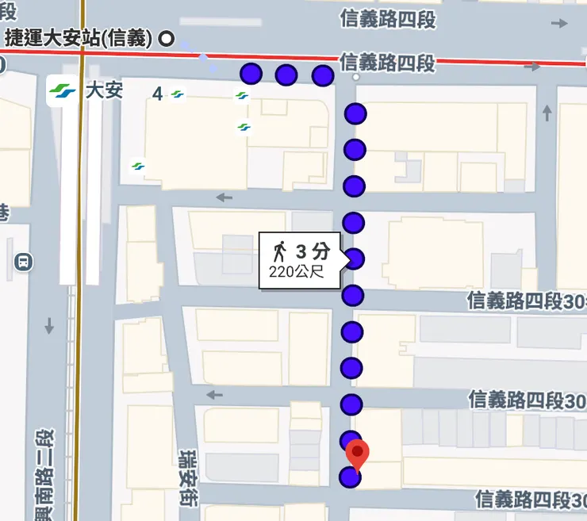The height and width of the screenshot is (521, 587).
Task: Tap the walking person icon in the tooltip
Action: (279, 252)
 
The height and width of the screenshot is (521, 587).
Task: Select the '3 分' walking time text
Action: (312, 252)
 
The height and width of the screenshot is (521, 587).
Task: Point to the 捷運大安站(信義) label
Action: (79, 36)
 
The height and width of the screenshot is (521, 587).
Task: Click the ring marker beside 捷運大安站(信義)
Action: (167, 37)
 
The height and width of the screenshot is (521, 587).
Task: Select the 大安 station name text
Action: (104, 90)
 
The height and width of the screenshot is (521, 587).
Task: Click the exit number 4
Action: (157, 94)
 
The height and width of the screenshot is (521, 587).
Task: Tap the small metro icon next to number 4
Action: (178, 94)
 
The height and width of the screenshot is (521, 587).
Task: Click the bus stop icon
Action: (23, 262)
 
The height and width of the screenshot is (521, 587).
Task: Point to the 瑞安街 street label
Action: (188, 467)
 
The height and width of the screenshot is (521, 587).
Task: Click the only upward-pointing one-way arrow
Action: (547, 113)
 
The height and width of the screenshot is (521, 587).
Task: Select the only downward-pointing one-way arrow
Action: (49, 325)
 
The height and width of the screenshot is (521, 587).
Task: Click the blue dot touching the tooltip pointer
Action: (354, 259)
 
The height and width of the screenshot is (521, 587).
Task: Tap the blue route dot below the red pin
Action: (350, 477)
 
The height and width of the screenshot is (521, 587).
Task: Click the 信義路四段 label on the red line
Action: (388, 62)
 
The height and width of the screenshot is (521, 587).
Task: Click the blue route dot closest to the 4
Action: (251, 74)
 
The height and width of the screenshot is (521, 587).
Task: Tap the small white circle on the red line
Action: (356, 78)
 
